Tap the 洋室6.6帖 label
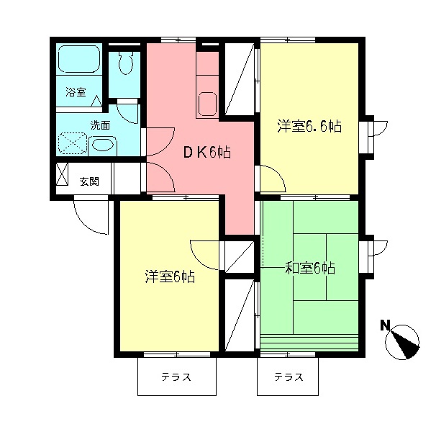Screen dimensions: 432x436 pos(309,127)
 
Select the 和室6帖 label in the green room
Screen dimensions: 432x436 pos(310,269)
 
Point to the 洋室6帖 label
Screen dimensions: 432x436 pos(170,276)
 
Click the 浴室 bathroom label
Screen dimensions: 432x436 pos(76,92)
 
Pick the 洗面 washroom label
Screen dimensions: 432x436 pos(100,125)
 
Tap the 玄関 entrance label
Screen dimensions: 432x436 pos(90,180)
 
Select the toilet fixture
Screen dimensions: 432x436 pos(126,63)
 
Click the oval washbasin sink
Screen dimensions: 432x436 pos(103,144)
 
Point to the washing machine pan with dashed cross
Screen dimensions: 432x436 pos(71,144)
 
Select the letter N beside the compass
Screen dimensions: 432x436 pos(386,325)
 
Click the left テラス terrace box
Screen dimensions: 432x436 pos(176,377)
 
